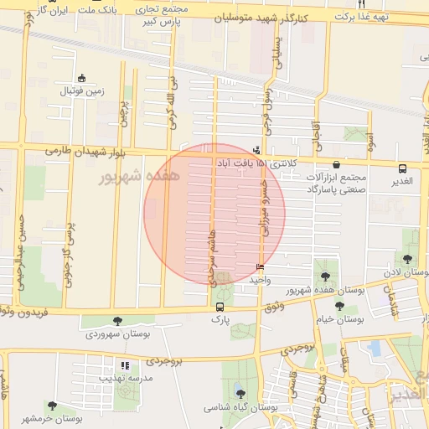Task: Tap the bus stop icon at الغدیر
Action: click(x=403, y=168)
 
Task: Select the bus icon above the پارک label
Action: click(x=220, y=307)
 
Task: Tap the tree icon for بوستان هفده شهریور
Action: click(x=325, y=276)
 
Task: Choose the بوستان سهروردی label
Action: click(x=116, y=333)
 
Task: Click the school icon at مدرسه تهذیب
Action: click(x=125, y=365)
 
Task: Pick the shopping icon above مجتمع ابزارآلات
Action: click(x=337, y=166)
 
